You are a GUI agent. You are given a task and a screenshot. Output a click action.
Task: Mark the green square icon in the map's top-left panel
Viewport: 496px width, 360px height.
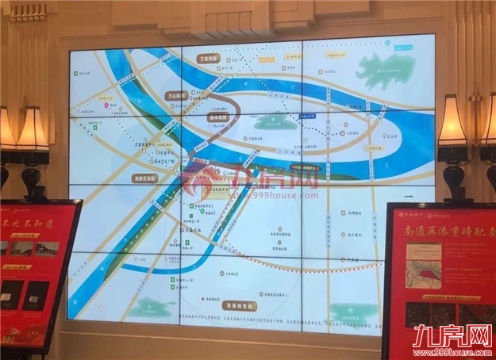click(x=75, y=73)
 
